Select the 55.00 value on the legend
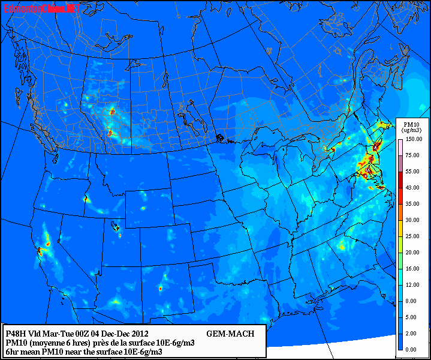tap(412, 171)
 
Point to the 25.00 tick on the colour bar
tap(412, 236)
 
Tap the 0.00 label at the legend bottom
tap(412, 349)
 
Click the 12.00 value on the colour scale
tap(412, 284)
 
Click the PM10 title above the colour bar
tap(412, 123)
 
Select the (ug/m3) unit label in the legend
tap(412, 130)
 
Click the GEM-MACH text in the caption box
tap(230, 334)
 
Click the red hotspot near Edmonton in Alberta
tap(112, 111)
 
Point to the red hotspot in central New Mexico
tap(160, 289)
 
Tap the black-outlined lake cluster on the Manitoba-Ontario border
tap(221, 139)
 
